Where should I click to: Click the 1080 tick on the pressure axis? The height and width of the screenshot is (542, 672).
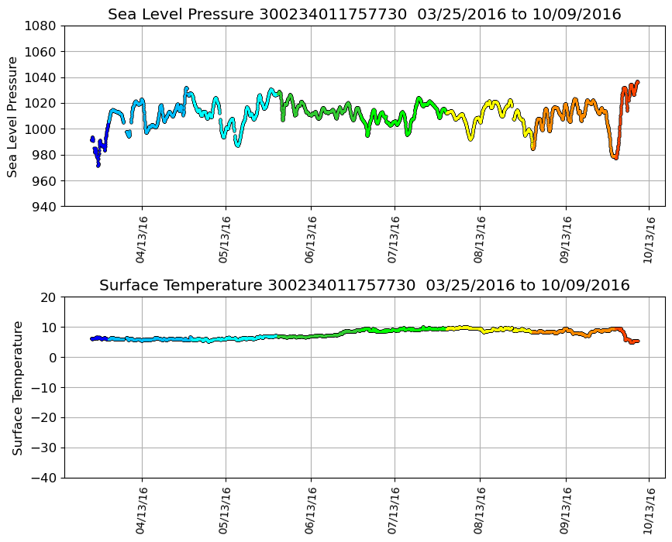tap(43, 26)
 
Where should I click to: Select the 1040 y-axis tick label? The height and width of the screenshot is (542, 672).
tap(43, 77)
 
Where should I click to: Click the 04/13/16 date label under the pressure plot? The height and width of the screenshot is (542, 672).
tap(141, 239)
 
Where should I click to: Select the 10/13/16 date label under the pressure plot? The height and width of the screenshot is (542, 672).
tap(650, 239)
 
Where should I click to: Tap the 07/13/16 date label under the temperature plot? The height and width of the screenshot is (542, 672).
tap(395, 510)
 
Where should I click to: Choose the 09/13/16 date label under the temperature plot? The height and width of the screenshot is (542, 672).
tap(564, 510)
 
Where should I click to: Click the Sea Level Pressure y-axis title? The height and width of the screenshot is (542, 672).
tap(13, 116)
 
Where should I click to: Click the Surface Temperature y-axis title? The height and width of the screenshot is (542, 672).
tap(16, 387)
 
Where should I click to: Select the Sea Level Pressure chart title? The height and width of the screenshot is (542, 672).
tap(364, 15)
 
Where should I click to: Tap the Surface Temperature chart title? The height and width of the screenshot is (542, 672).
tap(364, 286)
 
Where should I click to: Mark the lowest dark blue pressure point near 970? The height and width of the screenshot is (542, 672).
tap(98, 165)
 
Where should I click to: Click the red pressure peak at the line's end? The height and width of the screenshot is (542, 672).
tap(637, 81)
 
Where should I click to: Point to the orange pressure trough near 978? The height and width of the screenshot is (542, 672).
tap(615, 157)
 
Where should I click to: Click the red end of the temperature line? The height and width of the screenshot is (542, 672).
tap(637, 341)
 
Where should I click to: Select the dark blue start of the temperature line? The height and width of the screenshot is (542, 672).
tap(92, 338)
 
